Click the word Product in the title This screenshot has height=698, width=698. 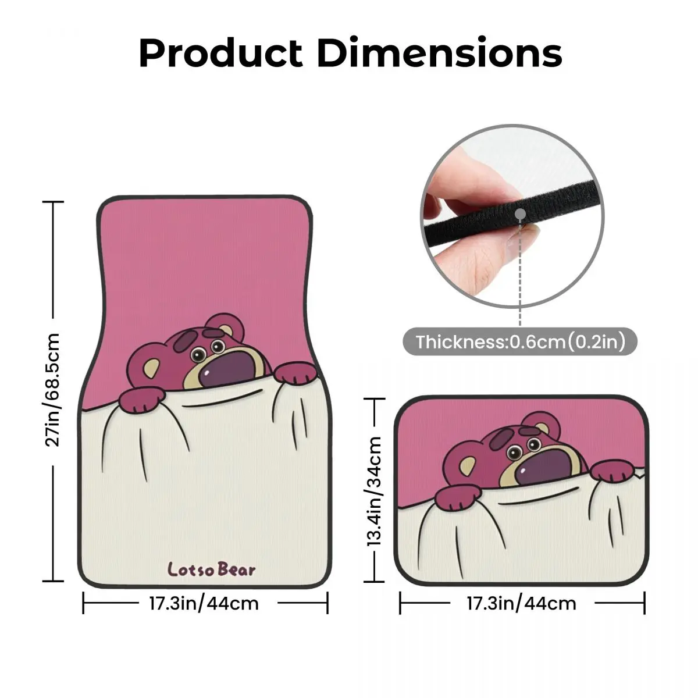[x=221, y=54]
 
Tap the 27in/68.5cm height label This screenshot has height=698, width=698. [x=54, y=390]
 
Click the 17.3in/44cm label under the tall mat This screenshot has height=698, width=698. [x=204, y=603]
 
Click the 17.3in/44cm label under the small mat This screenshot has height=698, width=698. [x=521, y=603]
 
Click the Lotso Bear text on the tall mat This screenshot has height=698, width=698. [x=211, y=569]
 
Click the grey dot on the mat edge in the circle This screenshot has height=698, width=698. [x=519, y=214]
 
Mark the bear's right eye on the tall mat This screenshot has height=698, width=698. [x=218, y=347]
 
